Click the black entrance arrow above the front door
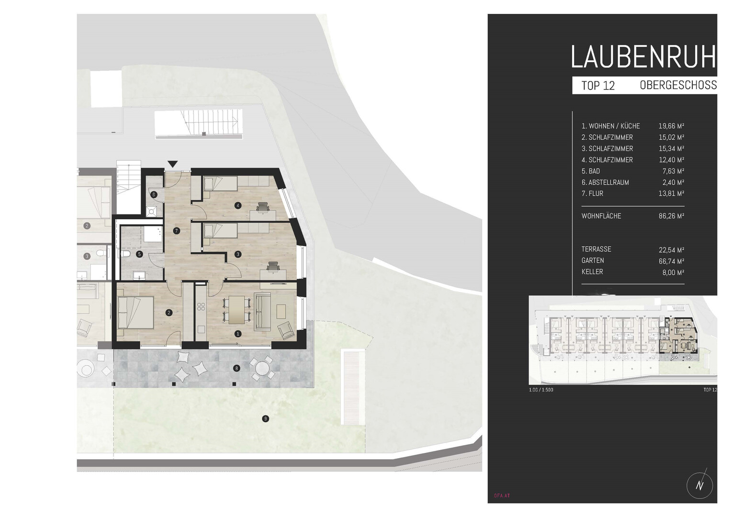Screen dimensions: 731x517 click(x=173, y=164)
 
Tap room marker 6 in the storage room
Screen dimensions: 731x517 click(x=154, y=195)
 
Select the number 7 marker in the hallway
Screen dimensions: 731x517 click(x=177, y=231)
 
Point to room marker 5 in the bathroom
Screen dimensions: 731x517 click(x=139, y=254)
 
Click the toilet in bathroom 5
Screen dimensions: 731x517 click(x=125, y=254)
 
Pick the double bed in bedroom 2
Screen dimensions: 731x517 click(x=136, y=312)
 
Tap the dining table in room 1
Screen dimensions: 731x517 click(x=236, y=309)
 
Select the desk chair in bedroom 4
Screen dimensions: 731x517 click(x=263, y=207)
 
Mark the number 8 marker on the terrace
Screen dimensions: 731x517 click(x=236, y=369)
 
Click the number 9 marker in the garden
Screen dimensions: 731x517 click(x=266, y=418)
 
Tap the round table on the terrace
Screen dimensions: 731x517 click(x=263, y=369)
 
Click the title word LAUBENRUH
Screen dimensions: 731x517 click(x=644, y=57)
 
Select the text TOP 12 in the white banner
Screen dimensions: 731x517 click(x=598, y=86)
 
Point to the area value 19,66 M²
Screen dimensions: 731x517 click(x=671, y=126)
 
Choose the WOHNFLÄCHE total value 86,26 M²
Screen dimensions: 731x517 click(x=671, y=216)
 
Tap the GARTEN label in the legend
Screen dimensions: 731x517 click(x=593, y=260)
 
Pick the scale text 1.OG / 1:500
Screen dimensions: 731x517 click(x=541, y=390)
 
